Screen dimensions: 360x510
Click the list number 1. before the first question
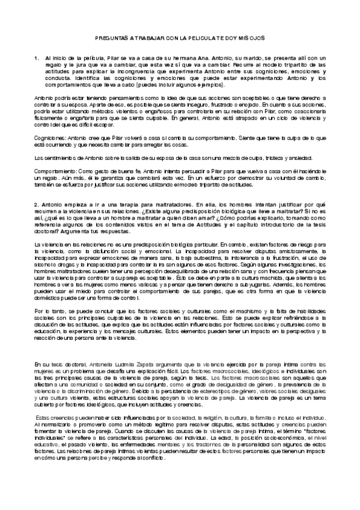[37, 57]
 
